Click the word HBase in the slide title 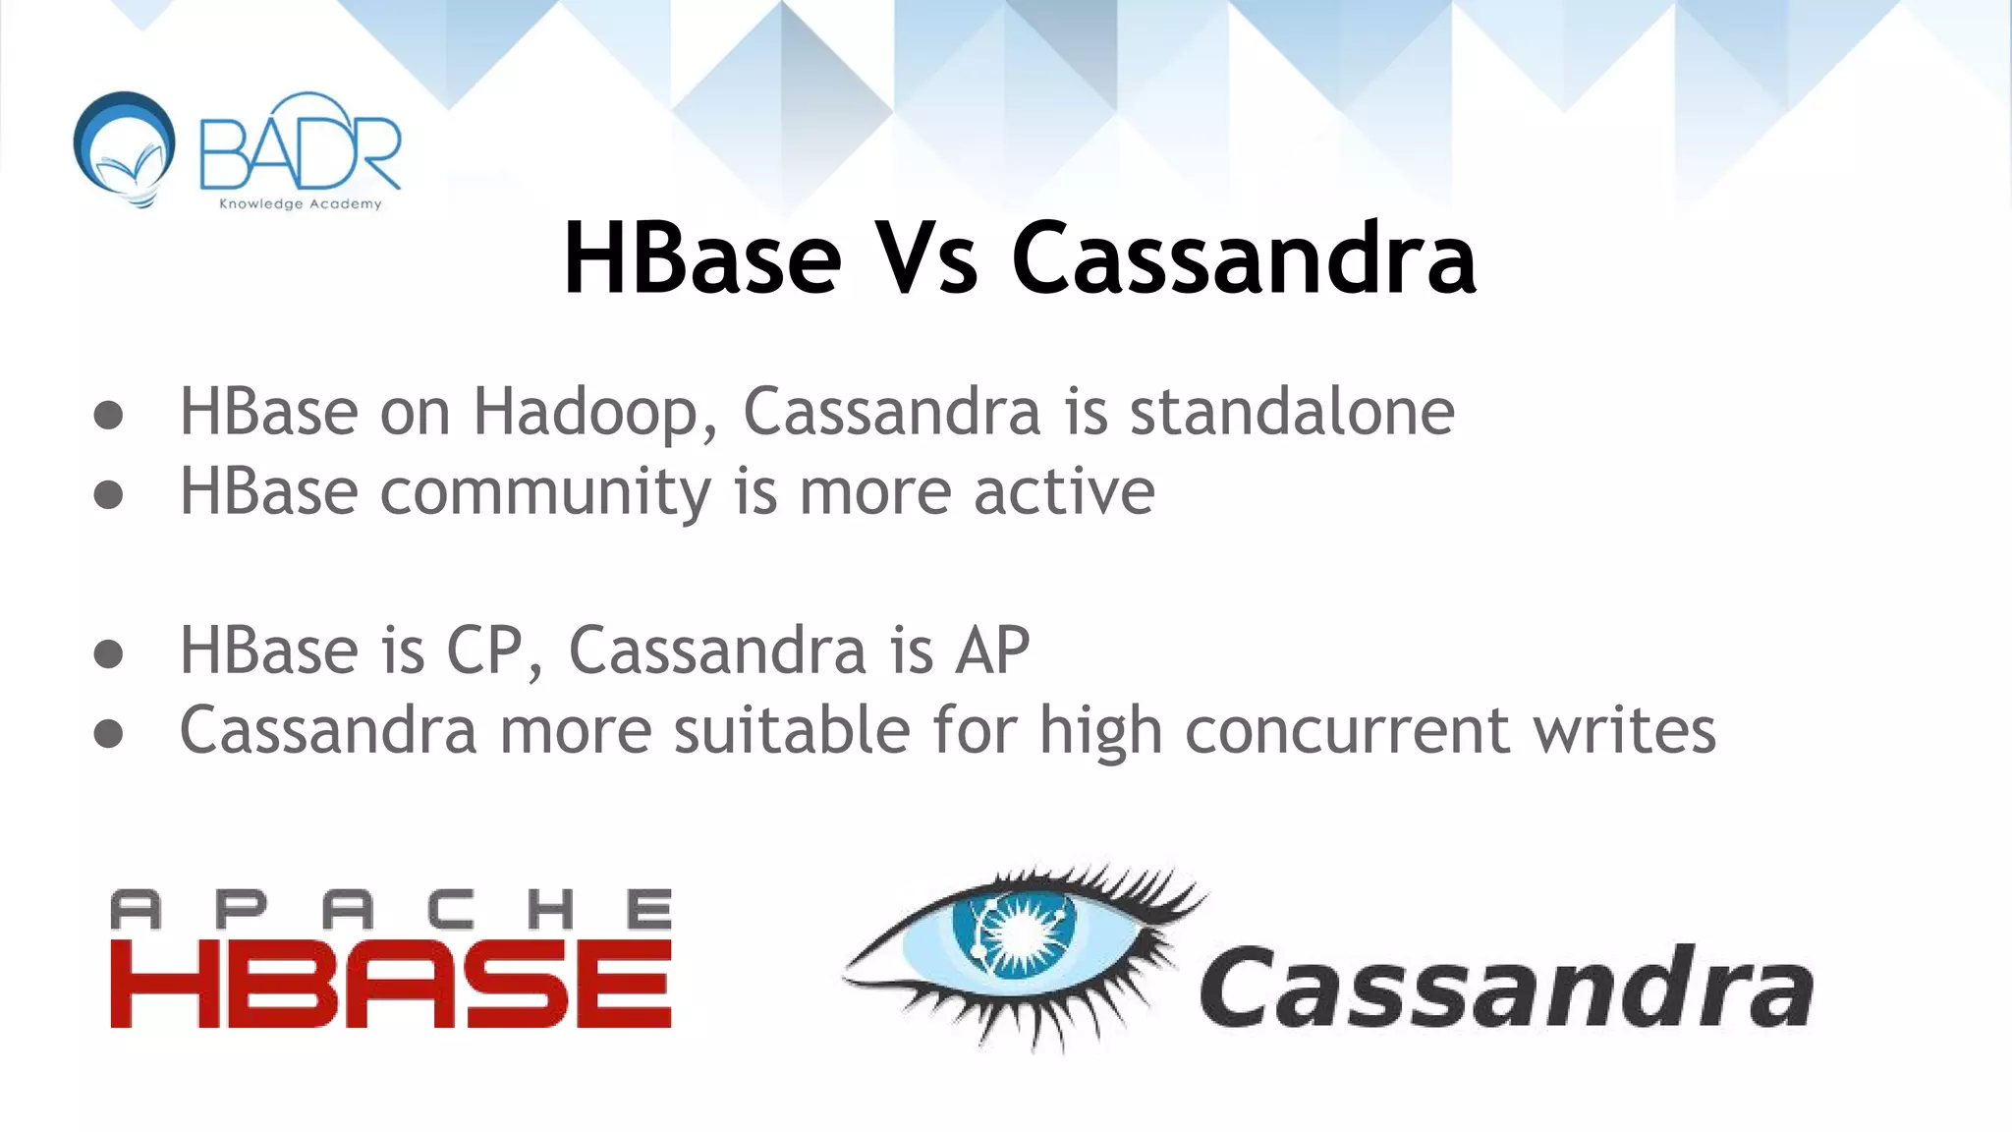click(701, 258)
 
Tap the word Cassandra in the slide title click(1243, 258)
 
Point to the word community click(545, 491)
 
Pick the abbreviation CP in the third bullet click(484, 651)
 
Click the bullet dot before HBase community click(108, 494)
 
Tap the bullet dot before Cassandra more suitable click(108, 733)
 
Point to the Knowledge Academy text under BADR click(300, 204)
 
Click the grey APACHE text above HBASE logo click(391, 910)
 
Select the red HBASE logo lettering click(391, 985)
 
